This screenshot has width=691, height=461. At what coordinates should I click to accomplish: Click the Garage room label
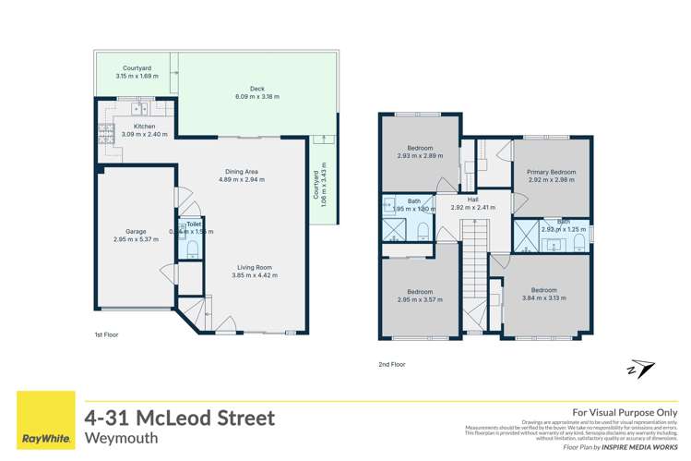[x=136, y=235]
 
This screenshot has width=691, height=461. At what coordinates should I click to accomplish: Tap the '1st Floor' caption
[x=107, y=334]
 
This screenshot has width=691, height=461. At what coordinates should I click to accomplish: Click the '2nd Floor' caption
[x=392, y=364]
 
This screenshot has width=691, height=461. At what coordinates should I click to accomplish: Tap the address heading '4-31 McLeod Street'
[x=179, y=418]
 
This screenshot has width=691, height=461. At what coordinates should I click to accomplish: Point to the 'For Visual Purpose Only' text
[x=625, y=412]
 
